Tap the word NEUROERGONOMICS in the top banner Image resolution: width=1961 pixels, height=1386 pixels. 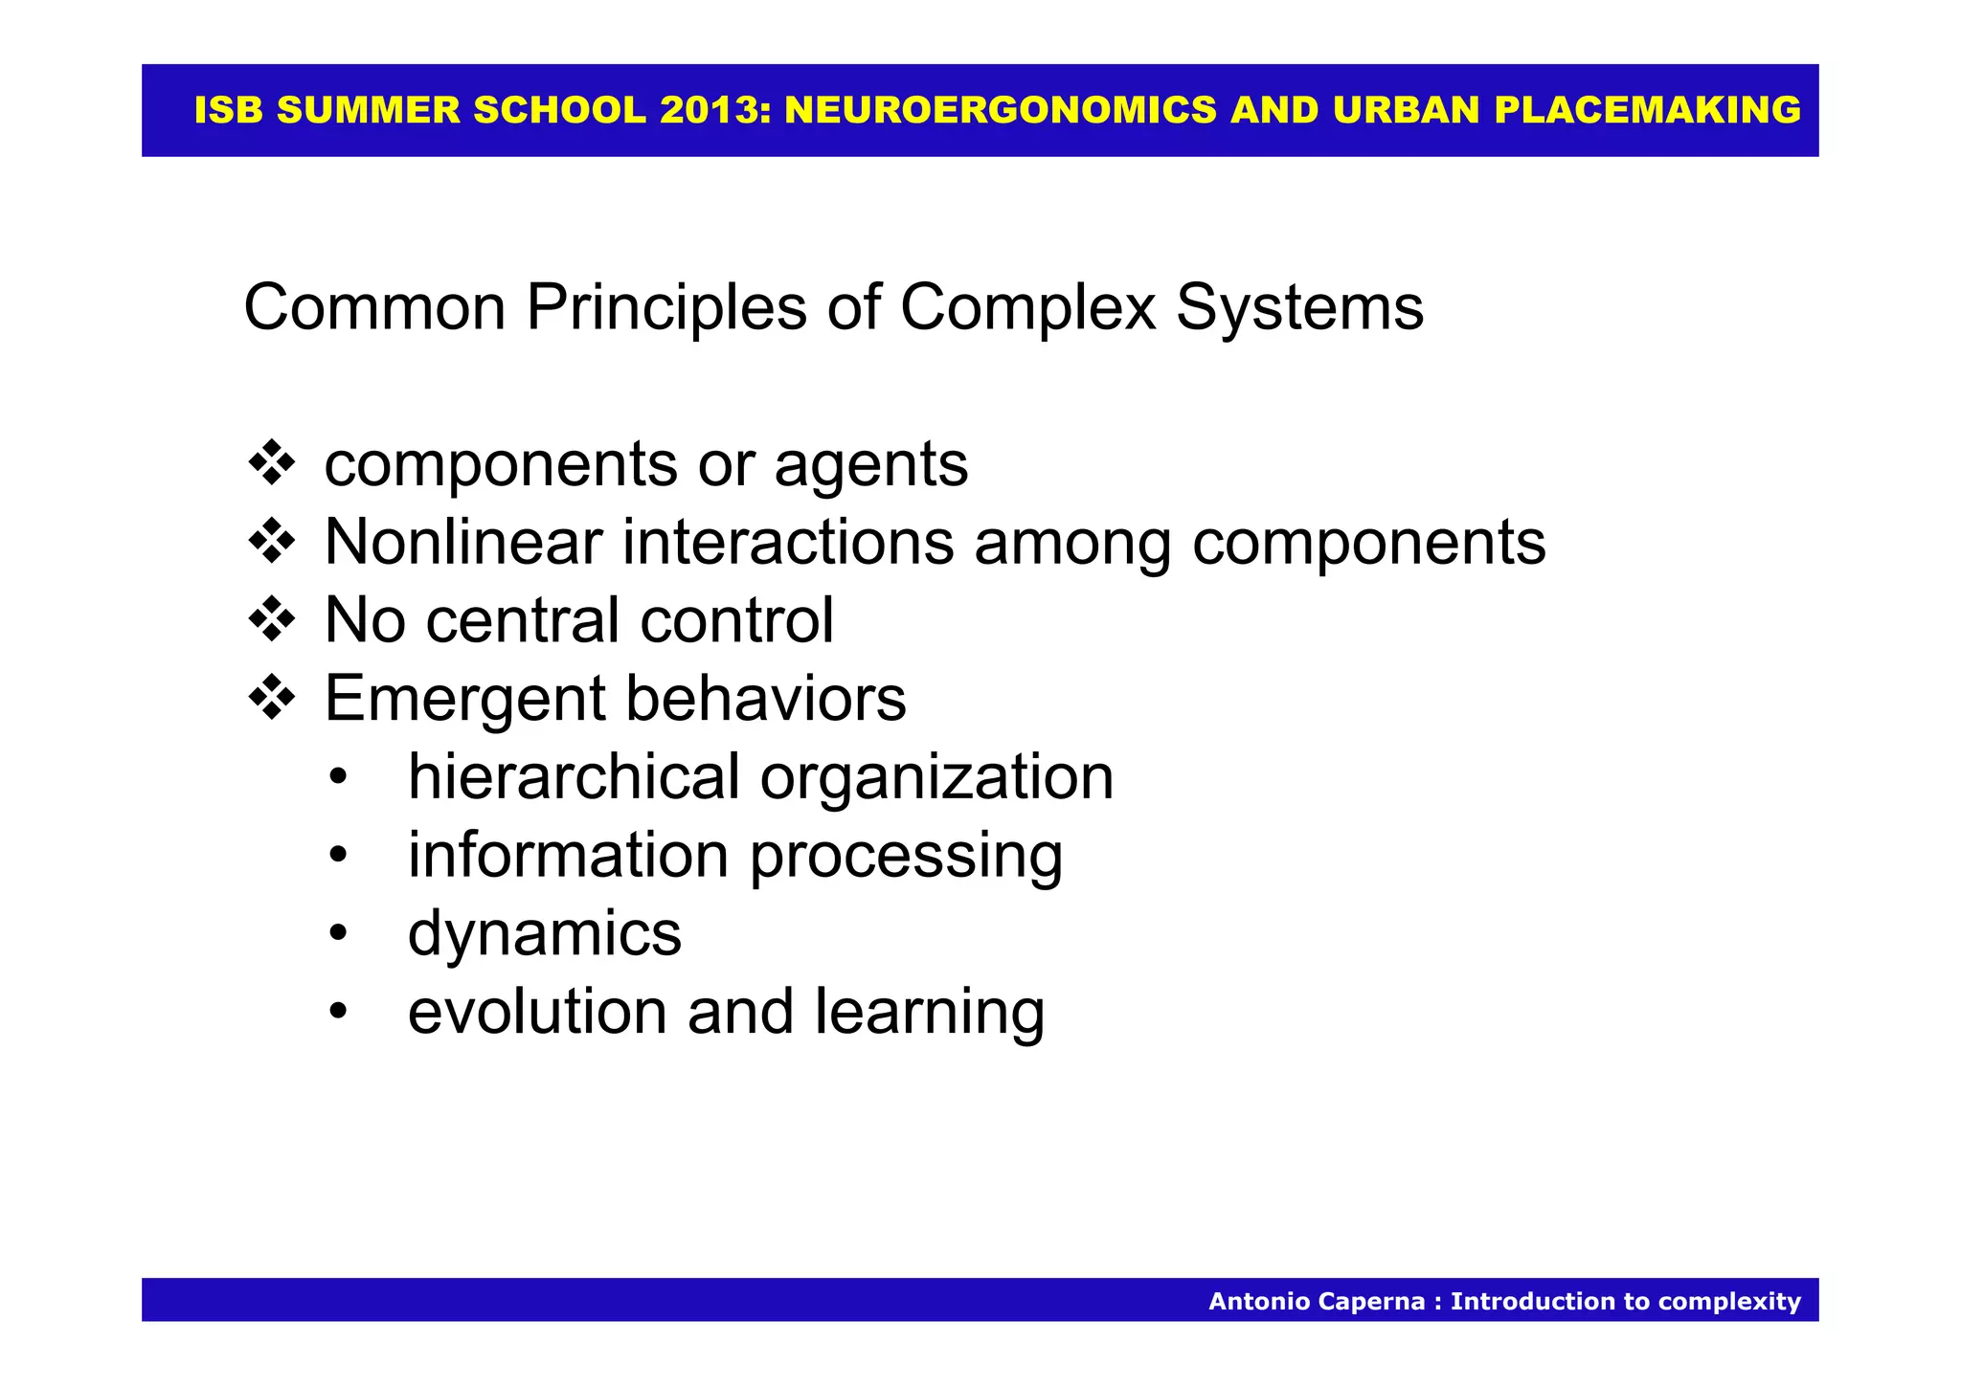pyautogui.click(x=1001, y=111)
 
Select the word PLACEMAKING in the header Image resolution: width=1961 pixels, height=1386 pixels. pyautogui.click(x=1647, y=111)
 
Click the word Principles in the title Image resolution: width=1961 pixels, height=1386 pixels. pyautogui.click(x=665, y=308)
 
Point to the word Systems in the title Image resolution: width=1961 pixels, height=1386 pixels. pyautogui.click(x=1299, y=308)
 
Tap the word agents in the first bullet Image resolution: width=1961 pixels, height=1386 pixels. pyautogui.click(x=870, y=465)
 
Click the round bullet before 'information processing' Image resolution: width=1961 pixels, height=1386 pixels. pyautogui.click(x=337, y=857)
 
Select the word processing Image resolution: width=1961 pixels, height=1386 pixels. pyautogui.click(x=906, y=857)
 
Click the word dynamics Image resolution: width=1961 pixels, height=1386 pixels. pyautogui.click(x=545, y=935)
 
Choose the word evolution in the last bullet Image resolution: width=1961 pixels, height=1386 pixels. pyautogui.click(x=537, y=1013)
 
